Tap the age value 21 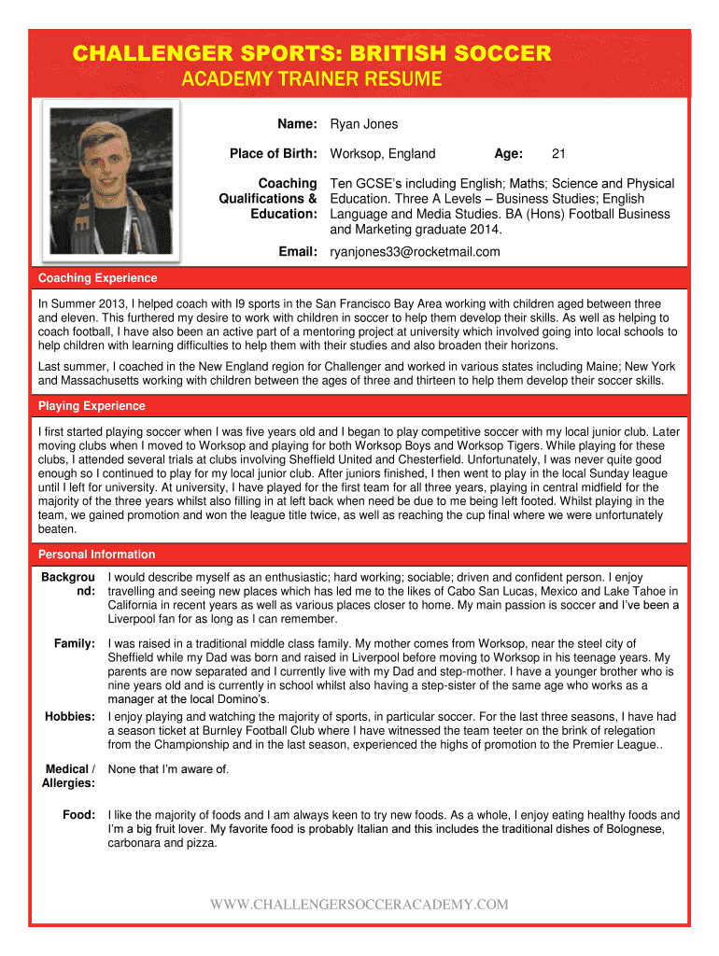point(558,154)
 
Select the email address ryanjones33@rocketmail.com point(415,252)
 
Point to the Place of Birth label point(274,154)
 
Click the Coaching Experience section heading point(98,278)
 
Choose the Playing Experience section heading point(92,406)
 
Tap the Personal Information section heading point(97,555)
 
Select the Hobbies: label point(70,716)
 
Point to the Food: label point(78,815)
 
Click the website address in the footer point(359,905)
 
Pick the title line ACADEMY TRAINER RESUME point(310,79)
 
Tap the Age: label point(508,154)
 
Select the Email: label point(298,252)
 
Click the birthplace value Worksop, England point(383,154)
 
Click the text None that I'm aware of point(169,769)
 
